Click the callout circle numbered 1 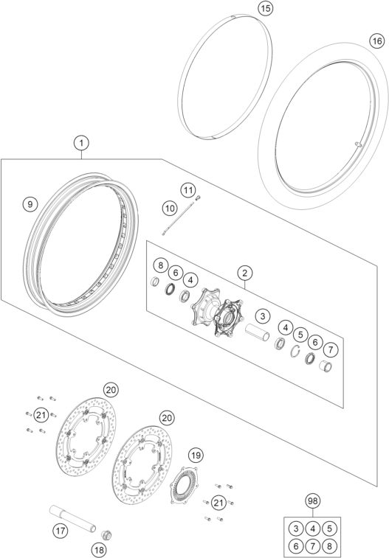coord(81,142)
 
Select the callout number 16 coord(376,41)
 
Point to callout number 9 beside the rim coord(29,203)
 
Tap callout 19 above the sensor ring coord(195,456)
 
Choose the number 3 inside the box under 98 coord(295,527)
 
